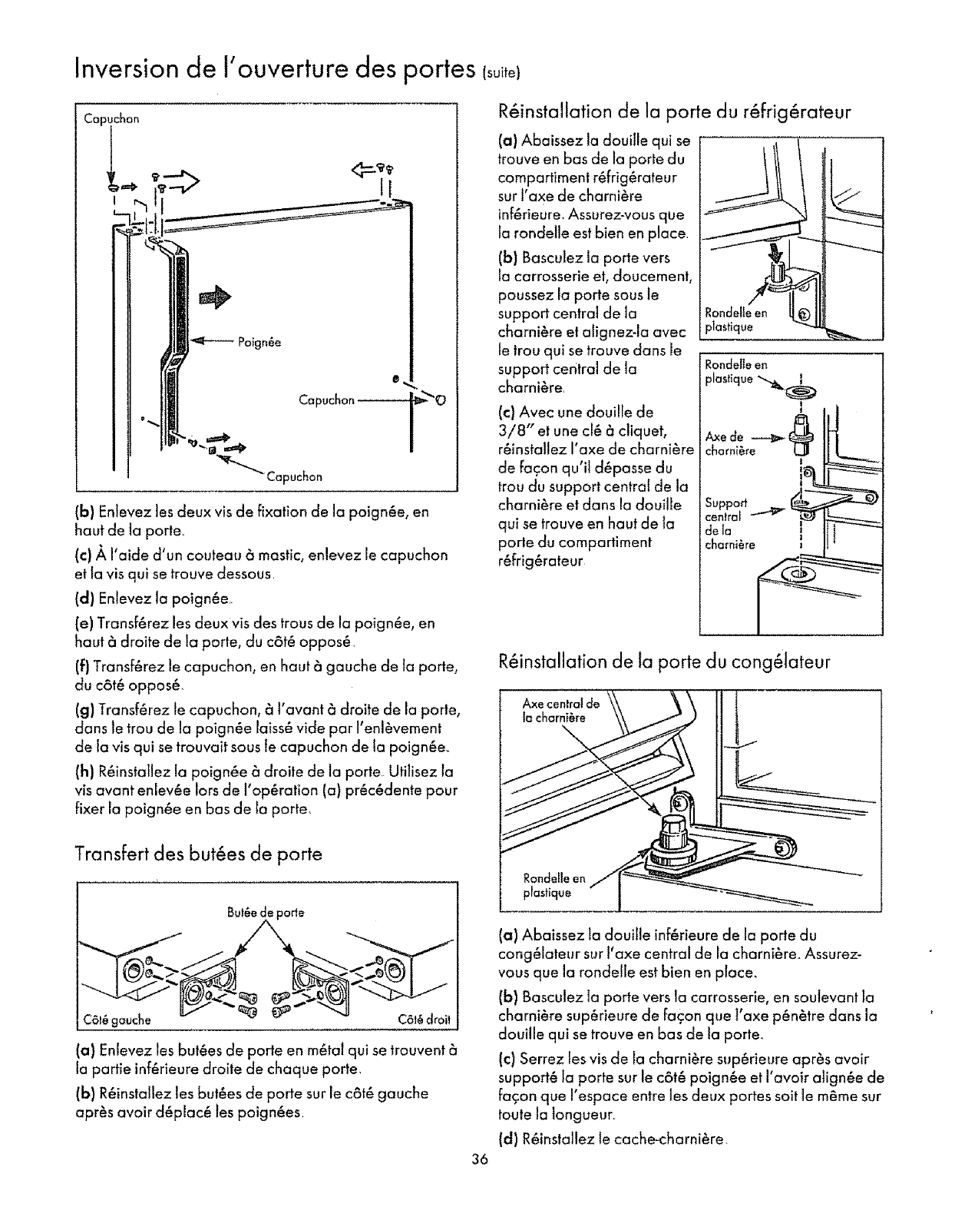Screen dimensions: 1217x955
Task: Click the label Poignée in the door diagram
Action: [259, 343]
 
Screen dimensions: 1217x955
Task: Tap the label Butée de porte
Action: [266, 913]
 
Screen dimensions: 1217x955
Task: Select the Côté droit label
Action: [424, 1020]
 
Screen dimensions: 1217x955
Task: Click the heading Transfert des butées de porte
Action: [198, 854]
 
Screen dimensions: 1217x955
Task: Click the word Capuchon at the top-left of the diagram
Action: [117, 119]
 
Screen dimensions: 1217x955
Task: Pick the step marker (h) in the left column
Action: [84, 771]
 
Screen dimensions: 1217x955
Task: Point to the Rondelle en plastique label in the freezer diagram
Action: [554, 885]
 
